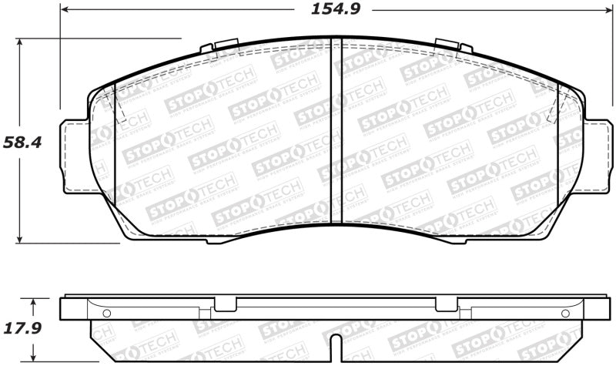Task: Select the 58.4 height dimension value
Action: click(x=20, y=142)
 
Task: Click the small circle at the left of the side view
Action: click(x=106, y=313)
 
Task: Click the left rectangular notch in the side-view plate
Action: click(x=226, y=305)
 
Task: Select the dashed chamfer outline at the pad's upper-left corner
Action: click(x=119, y=105)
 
